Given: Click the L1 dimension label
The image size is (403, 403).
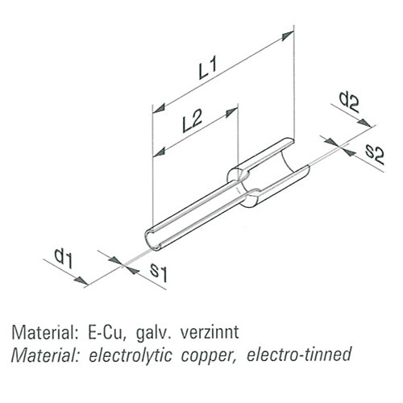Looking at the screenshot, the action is coord(208,69).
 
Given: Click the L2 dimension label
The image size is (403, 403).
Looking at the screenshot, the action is coord(192,120).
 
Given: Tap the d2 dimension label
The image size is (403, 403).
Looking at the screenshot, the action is coord(349,102).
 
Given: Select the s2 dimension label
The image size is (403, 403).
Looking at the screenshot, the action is coord(375,156).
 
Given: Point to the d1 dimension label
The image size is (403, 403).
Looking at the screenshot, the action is coord(64,258).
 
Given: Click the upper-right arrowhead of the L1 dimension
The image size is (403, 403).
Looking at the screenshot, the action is coord(288,35).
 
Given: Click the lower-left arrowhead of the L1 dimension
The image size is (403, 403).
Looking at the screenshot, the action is coord(159,108).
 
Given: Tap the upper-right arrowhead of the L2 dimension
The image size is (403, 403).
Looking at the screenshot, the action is coord(232,112).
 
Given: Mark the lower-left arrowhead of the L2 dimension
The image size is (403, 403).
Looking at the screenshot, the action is coord(159,152).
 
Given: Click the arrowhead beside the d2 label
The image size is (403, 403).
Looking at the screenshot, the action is coord(365,123).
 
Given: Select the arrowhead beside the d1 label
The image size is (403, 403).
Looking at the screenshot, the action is coord(81,280).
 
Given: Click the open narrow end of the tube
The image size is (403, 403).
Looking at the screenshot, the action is coord(152,239).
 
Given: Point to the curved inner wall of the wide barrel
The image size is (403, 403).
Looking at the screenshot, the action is coord(289,162).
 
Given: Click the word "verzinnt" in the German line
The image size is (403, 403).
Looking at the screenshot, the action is coord(210,332).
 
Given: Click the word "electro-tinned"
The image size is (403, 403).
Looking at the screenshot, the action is coord(299,354).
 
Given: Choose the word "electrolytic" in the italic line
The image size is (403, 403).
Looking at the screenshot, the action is coord(130,355).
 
